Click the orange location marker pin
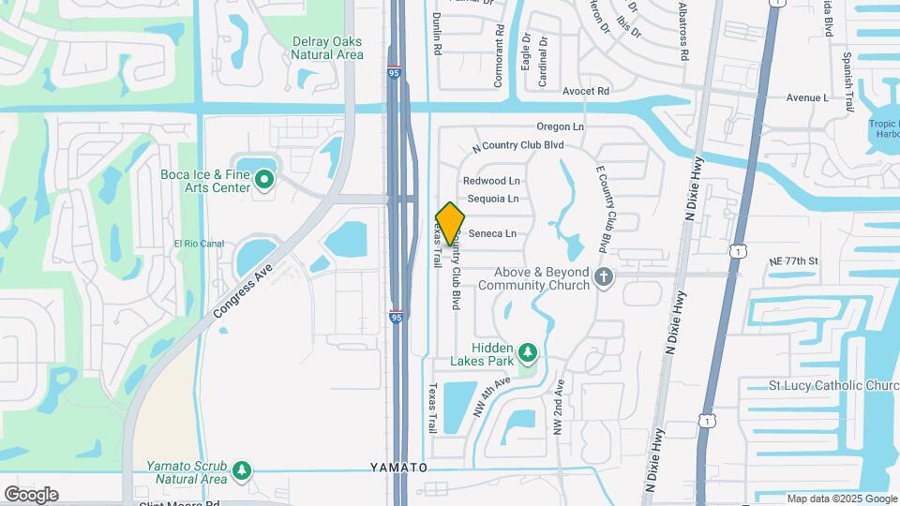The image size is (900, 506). pos(451,223)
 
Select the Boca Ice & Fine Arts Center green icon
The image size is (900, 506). pos(264,178)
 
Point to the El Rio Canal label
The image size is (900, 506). pos(199,244)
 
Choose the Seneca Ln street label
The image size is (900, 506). pos(492,233)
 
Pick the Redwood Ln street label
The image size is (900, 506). pos(490,180)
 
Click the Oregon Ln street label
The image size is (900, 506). pos(560,126)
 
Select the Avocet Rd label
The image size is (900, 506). pos(586,91)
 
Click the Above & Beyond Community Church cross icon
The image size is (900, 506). pos(604,278)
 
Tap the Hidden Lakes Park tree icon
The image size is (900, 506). pos(529,353)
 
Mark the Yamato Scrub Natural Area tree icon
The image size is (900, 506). pos(243,469)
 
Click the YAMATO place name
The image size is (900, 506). pos(398,467)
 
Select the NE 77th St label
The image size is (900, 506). pos(793,260)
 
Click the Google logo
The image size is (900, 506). pos(31,494)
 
